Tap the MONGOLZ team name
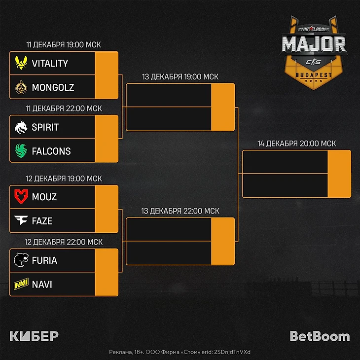click(53, 88)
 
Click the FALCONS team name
click(51, 151)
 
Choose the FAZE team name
click(42, 221)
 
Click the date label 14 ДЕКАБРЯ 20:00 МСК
click(296, 144)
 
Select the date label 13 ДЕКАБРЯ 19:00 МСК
click(180, 77)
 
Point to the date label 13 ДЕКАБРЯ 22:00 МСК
click(180, 211)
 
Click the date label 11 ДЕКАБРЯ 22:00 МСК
click(64, 108)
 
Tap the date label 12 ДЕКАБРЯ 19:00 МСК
click(64, 179)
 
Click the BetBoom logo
click(320, 337)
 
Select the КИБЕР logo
click(34, 337)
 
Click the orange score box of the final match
click(339, 174)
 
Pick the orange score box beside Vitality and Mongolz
click(106, 75)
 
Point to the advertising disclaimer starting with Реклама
click(180, 352)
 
